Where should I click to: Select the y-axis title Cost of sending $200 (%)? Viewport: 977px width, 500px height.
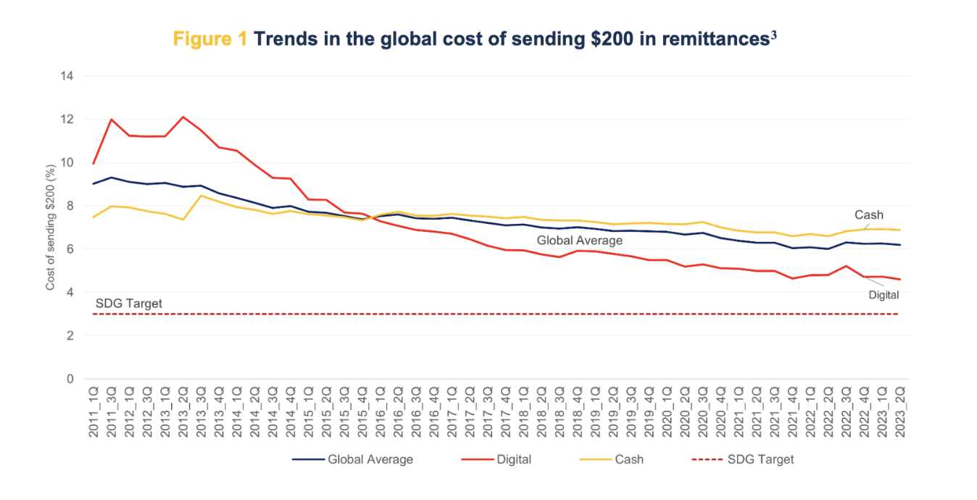(x=51, y=228)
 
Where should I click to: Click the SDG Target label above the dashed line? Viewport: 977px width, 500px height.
(x=128, y=302)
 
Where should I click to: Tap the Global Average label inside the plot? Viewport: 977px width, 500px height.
(x=580, y=241)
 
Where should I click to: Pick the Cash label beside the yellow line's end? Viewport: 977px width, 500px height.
(x=868, y=215)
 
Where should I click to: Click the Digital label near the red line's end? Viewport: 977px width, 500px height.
(x=884, y=295)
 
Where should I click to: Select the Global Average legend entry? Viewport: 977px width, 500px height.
(x=353, y=459)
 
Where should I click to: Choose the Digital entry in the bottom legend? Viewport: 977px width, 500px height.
(x=496, y=459)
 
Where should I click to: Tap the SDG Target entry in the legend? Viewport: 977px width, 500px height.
(x=744, y=459)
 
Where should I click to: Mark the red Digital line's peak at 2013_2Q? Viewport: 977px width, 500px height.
(x=183, y=117)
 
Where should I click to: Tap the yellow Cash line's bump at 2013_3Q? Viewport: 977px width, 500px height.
(x=201, y=196)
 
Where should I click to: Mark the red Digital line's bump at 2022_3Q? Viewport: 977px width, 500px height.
(x=846, y=266)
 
